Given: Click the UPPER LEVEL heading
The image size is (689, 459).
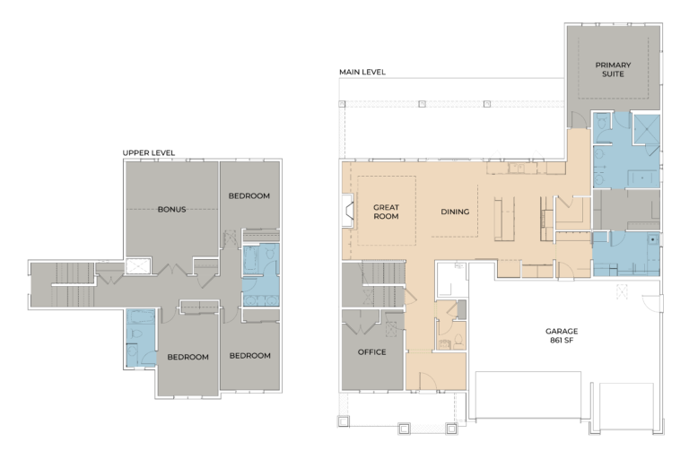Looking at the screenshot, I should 149,153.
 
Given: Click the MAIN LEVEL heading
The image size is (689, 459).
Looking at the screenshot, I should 362,72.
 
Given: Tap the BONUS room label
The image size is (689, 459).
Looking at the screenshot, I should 171,209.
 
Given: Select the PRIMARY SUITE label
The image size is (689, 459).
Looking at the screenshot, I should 614,70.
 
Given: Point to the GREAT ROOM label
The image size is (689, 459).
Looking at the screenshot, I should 386,212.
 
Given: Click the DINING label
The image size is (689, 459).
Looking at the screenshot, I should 455,212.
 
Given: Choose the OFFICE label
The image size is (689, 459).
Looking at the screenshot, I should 371,352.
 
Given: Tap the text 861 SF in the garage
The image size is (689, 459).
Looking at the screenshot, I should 562,342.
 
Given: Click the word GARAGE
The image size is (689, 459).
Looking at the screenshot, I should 562,331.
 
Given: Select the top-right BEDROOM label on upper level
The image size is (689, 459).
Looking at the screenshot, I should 249,195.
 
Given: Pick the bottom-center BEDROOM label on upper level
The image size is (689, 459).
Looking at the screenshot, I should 188,357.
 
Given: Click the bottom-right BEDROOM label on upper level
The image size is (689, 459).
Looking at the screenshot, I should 249,356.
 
